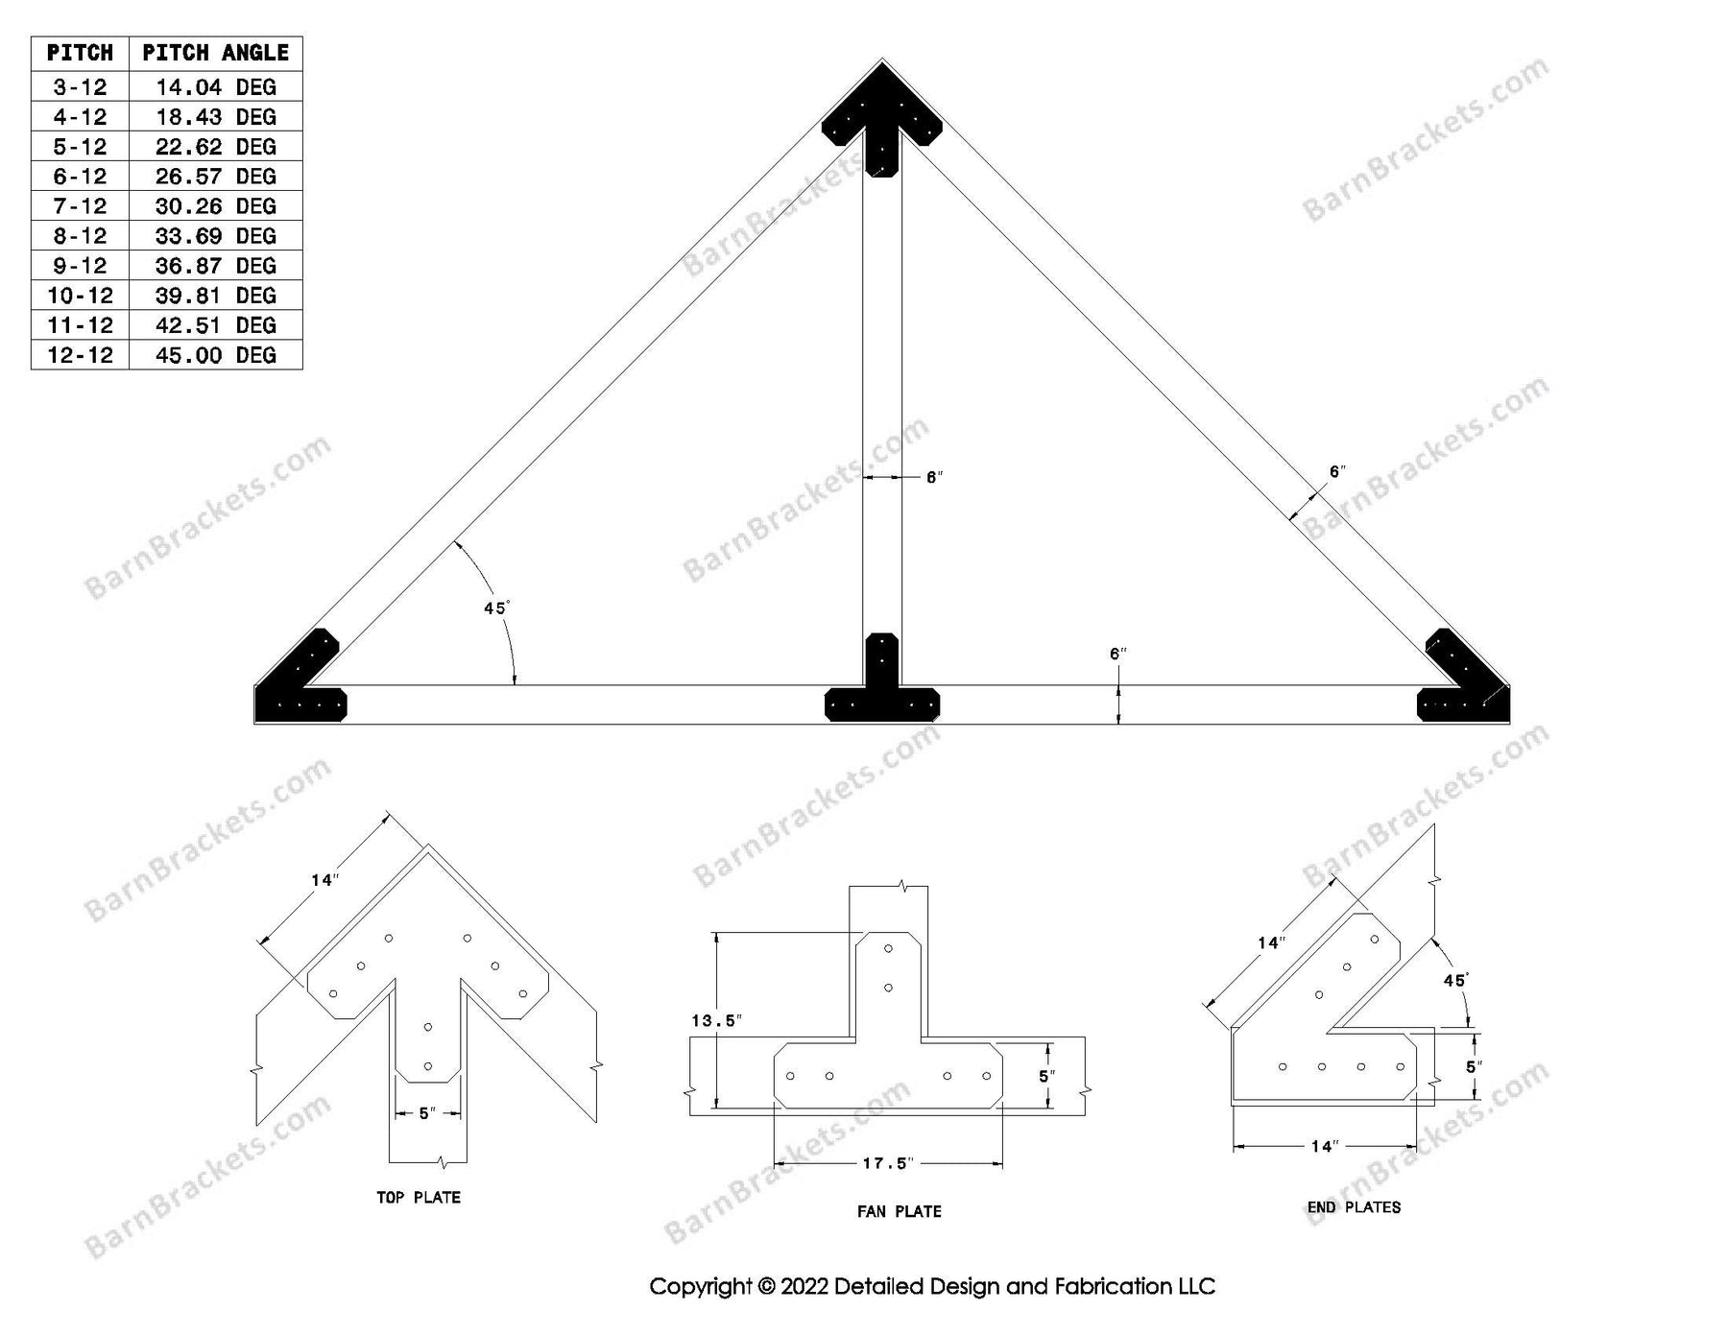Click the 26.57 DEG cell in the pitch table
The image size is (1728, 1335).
click(x=215, y=177)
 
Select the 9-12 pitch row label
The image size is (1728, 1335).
click(x=80, y=266)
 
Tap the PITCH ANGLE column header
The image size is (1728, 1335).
click(x=215, y=53)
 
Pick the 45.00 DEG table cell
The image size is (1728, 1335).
click(x=215, y=355)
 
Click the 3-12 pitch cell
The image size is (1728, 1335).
click(x=80, y=87)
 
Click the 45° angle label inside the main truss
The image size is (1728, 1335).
click(x=496, y=608)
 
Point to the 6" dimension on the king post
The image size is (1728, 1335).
click(x=934, y=477)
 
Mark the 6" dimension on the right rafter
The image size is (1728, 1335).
click(x=1337, y=471)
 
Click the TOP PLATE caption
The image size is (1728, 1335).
click(x=419, y=1198)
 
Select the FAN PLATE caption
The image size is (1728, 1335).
click(x=900, y=1212)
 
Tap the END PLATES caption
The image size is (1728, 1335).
click(x=1354, y=1207)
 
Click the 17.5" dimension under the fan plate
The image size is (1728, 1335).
click(x=886, y=1164)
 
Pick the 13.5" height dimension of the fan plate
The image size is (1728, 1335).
click(x=715, y=1021)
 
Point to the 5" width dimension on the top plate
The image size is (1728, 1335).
click(x=427, y=1113)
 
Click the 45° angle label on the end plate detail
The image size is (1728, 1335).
click(x=1455, y=980)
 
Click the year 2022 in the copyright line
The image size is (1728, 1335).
click(x=804, y=1287)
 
